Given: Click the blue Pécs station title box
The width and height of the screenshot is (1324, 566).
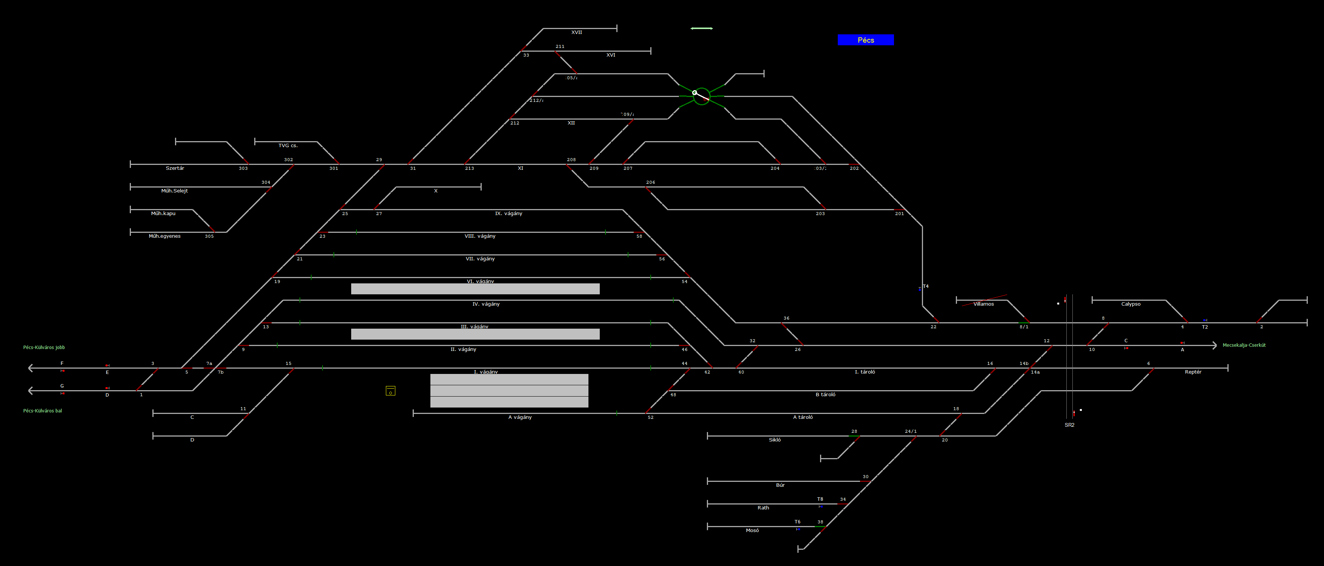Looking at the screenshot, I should pos(866,40).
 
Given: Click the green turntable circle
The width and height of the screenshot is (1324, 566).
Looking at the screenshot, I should pos(701,96).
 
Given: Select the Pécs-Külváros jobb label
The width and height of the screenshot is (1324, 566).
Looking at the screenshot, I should pos(44,348).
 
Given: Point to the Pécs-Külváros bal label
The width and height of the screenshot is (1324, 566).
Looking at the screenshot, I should pos(42,411).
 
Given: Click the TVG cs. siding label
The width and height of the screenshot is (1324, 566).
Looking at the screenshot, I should pos(288,146).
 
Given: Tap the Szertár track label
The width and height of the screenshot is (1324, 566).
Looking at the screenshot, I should pos(175,168).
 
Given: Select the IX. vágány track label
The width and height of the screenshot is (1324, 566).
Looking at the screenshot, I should pos(508,213).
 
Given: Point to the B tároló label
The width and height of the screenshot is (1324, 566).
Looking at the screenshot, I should pos(825,395).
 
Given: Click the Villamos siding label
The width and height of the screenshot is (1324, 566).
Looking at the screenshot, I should pos(983,304).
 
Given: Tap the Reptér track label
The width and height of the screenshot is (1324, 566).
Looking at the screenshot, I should pos(1193,372).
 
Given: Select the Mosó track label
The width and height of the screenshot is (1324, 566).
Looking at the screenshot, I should pos(752,531).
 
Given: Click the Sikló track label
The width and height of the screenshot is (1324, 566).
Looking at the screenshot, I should pos(774,440).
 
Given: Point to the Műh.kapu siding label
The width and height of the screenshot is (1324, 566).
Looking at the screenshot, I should pos(163,213).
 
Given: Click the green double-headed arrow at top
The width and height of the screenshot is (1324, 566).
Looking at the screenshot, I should pos(701,28).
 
